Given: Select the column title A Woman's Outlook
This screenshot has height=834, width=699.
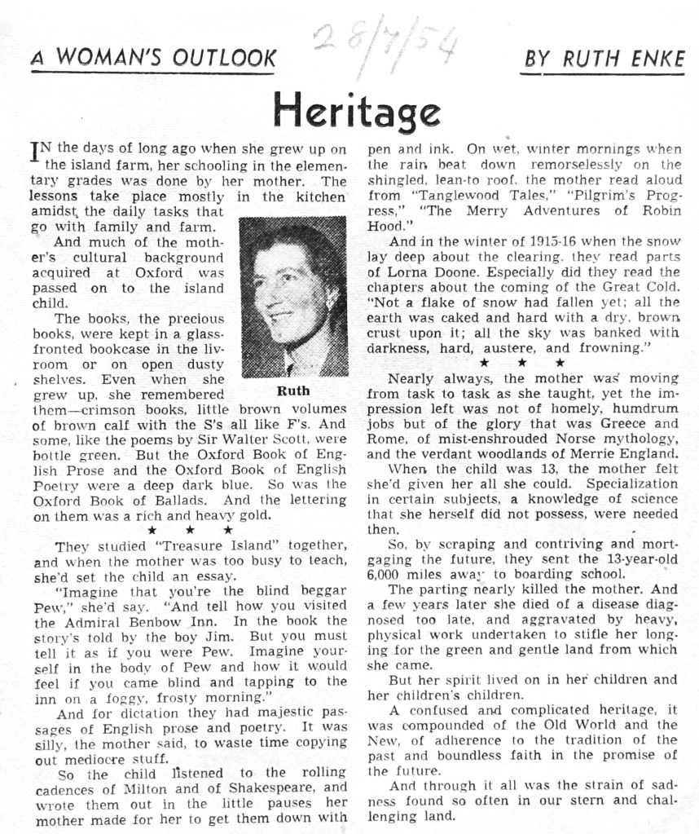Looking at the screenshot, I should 153,59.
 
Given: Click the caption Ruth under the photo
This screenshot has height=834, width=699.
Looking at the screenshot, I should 293,391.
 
